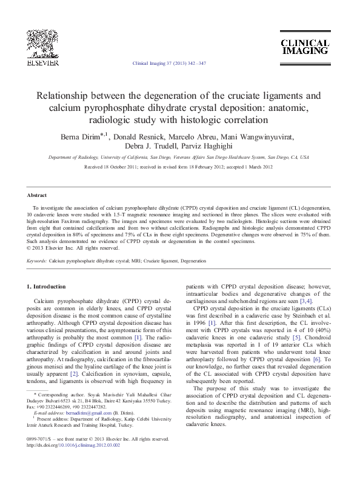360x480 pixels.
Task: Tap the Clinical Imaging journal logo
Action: click(304, 47)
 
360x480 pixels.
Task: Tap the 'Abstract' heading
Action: click(38, 195)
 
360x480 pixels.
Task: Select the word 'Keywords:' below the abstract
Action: click(37, 261)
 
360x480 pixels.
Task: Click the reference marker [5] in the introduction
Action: click(297, 337)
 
